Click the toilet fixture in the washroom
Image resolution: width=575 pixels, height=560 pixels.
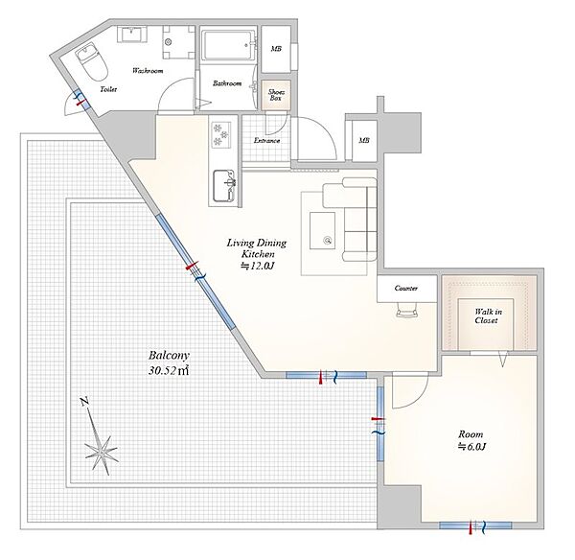92,63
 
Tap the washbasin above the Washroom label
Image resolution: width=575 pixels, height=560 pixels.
132,35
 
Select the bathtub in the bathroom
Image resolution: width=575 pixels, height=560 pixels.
228,46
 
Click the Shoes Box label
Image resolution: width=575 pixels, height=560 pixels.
276,95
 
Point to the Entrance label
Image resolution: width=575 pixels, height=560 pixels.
266,141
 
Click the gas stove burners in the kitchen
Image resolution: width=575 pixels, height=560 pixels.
221,134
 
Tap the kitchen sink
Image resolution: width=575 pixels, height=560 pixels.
223,186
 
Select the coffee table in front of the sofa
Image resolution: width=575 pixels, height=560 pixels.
322,230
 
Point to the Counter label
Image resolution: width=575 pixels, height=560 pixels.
406,289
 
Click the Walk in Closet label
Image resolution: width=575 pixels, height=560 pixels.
487,316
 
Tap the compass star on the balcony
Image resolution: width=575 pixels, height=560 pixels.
101,452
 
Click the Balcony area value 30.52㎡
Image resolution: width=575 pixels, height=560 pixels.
169,371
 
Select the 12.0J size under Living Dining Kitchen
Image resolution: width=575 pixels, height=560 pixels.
257,266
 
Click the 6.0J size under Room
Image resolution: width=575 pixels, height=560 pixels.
471,447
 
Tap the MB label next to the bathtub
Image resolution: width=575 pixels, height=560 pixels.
276,49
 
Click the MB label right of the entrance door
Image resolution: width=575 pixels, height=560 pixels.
364,140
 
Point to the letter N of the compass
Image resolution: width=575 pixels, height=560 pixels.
85,402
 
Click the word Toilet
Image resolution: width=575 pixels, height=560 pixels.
108,89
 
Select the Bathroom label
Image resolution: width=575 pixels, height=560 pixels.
227,83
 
